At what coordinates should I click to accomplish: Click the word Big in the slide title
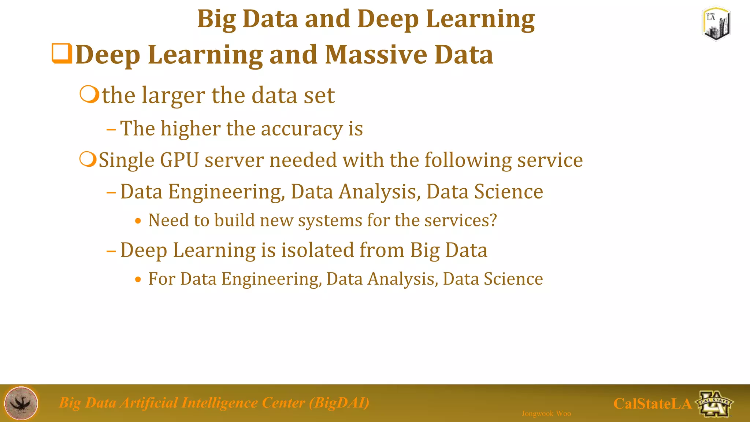(x=216, y=19)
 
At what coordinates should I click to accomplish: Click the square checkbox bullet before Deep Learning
(x=62, y=53)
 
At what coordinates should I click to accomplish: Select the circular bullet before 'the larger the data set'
(x=89, y=95)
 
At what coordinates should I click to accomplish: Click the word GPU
(x=179, y=160)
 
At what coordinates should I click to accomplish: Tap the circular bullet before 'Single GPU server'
(x=88, y=160)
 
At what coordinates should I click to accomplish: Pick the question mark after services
(x=493, y=220)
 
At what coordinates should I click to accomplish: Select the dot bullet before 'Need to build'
(x=138, y=221)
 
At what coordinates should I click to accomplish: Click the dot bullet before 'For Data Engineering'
(x=138, y=280)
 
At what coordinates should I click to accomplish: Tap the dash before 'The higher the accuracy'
(x=111, y=129)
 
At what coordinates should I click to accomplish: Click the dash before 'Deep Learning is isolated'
(x=111, y=251)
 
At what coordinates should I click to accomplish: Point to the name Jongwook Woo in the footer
(x=546, y=414)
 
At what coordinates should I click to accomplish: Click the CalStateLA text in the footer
(x=652, y=404)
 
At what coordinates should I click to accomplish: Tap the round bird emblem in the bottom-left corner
(x=21, y=403)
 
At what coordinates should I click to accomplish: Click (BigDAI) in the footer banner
(x=339, y=403)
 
